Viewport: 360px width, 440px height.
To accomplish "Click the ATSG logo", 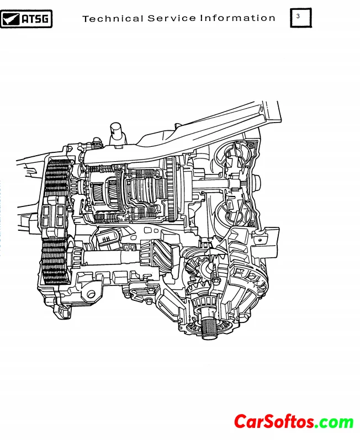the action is click(x=26, y=19).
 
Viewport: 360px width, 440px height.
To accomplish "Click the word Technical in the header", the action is click(x=113, y=19).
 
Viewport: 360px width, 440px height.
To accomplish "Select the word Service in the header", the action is click(x=172, y=19).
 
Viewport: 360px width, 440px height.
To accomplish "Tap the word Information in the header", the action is click(x=237, y=18).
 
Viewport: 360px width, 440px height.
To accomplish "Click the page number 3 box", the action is click(x=301, y=18).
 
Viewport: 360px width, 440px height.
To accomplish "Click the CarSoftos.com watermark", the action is click(x=294, y=422).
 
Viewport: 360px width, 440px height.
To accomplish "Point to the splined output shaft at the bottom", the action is click(x=209, y=328).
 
